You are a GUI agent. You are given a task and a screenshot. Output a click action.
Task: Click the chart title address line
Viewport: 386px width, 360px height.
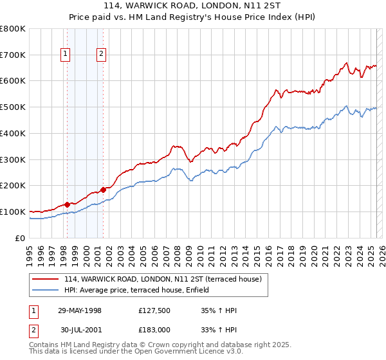pos(192,8)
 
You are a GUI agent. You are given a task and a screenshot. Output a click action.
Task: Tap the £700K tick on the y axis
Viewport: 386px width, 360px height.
pos(13,55)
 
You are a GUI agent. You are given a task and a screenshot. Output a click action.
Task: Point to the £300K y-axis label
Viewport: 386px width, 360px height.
pos(13,159)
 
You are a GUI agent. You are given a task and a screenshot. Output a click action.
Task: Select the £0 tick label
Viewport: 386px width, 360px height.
pos(21,238)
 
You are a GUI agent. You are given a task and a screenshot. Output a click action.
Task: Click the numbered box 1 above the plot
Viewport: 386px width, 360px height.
pos(66,55)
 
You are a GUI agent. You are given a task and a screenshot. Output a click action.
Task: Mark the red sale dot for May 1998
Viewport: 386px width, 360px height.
pos(68,204)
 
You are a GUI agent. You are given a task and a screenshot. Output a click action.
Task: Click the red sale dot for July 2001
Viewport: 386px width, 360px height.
pos(104,190)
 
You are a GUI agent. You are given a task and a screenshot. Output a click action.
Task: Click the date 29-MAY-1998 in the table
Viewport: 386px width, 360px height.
pos(80,310)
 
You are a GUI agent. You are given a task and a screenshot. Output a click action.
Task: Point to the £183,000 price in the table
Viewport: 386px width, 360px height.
pos(154,330)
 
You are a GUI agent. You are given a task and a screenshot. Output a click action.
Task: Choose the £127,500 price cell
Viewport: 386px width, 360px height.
pos(154,310)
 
